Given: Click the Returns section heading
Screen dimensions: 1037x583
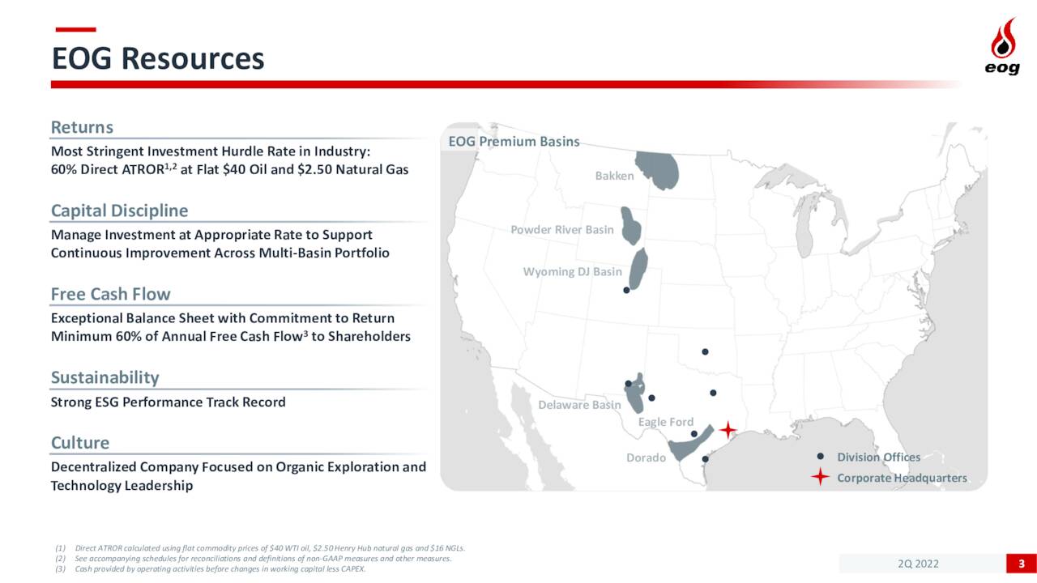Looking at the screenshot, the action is (82, 127).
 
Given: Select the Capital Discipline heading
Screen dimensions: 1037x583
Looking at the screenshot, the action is (119, 211).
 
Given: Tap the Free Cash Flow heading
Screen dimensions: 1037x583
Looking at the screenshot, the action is (111, 294).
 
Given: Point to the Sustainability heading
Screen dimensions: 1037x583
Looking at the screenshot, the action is (105, 377).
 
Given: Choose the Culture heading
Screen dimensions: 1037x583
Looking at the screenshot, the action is (80, 443).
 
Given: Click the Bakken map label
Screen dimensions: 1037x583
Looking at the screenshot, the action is (614, 176).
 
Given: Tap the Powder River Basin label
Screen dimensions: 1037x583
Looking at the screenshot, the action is (562, 230).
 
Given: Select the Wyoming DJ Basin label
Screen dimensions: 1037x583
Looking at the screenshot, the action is (573, 271).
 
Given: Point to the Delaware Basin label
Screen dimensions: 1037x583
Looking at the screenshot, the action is (579, 405).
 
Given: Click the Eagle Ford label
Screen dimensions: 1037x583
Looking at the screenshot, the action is (666, 422).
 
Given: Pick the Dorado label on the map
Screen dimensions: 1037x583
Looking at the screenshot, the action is (646, 457).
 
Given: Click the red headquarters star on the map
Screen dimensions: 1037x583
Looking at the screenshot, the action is (728, 430).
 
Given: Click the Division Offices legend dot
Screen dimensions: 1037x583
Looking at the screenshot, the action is (821, 456).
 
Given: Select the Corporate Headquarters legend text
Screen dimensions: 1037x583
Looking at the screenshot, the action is (902, 478).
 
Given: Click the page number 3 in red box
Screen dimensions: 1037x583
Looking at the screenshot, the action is (1022, 564).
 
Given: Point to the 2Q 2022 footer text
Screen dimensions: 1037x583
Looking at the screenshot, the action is (918, 564).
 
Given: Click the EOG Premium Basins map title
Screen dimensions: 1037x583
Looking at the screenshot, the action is (514, 142).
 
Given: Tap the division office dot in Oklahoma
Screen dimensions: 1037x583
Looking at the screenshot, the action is (705, 351).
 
